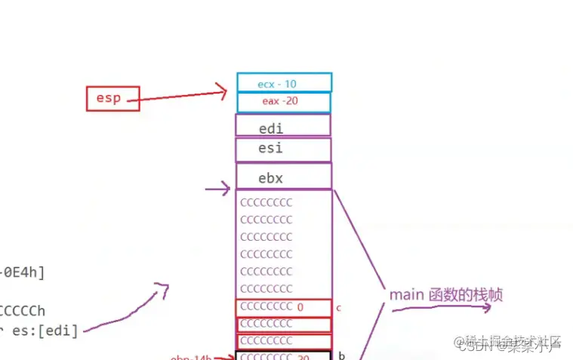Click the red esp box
pyautogui.click(x=112, y=98)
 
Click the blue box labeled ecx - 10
pyautogui.click(x=284, y=82)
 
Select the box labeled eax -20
pyautogui.click(x=284, y=102)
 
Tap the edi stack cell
pyautogui.click(x=283, y=125)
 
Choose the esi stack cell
pyautogui.click(x=283, y=149)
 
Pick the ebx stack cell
pyautogui.click(x=283, y=177)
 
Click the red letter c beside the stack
pyautogui.click(x=339, y=308)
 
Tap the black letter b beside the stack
pyautogui.click(x=342, y=355)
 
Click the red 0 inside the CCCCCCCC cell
pyautogui.click(x=300, y=307)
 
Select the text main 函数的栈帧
pyautogui.click(x=445, y=295)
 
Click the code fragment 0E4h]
pyautogui.click(x=23, y=272)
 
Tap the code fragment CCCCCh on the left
pyautogui.click(x=23, y=310)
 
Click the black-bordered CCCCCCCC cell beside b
pyautogui.click(x=283, y=355)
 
